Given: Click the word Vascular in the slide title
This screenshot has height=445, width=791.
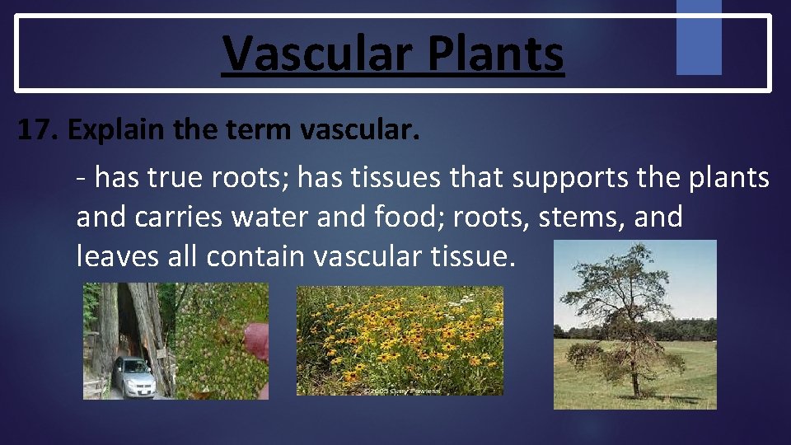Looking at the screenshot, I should click(314, 54).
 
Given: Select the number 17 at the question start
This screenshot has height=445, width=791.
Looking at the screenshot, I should click(38, 130).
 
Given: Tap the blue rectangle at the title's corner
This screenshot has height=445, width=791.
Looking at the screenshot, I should click(699, 36).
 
